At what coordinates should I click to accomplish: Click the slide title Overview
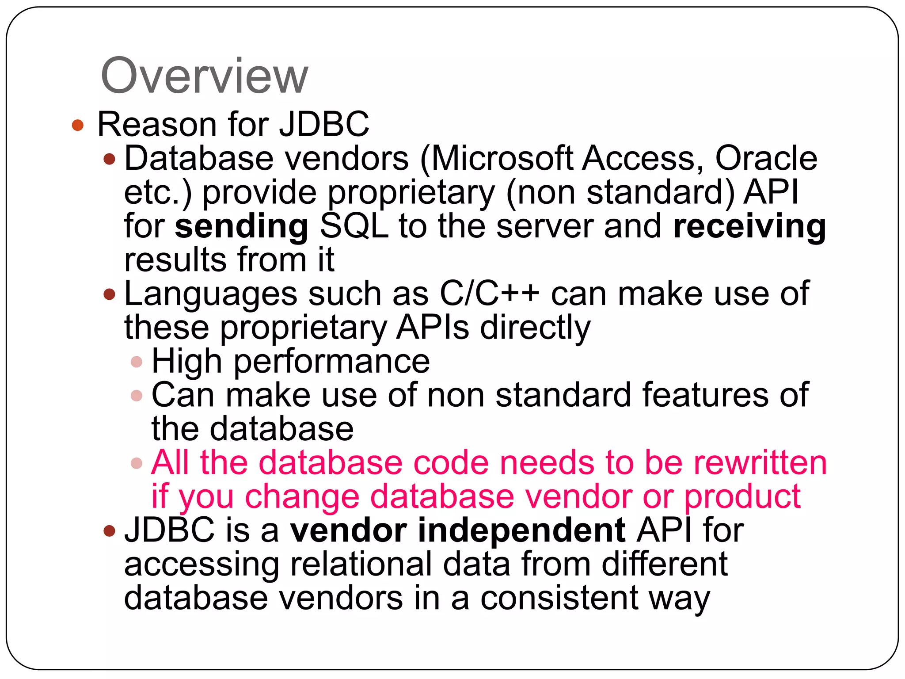click(x=204, y=76)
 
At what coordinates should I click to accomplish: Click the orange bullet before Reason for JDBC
click(x=78, y=125)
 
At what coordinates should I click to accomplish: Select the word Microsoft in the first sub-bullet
click(x=502, y=159)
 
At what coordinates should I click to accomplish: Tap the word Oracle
click(x=766, y=159)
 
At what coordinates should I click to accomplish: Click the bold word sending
click(x=242, y=226)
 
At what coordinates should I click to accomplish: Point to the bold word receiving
click(x=749, y=226)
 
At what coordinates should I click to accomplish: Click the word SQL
click(x=354, y=226)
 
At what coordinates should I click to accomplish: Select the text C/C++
click(x=490, y=294)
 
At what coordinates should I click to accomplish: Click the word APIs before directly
click(x=432, y=328)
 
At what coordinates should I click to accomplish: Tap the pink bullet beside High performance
click(x=137, y=362)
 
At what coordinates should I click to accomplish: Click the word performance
click(x=332, y=362)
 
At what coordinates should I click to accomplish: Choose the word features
click(x=706, y=395)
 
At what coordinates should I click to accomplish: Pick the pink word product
click(x=742, y=497)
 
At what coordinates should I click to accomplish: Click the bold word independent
click(x=521, y=530)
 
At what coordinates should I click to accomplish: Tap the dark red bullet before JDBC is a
click(x=109, y=530)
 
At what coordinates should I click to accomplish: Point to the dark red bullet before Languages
click(x=109, y=294)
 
